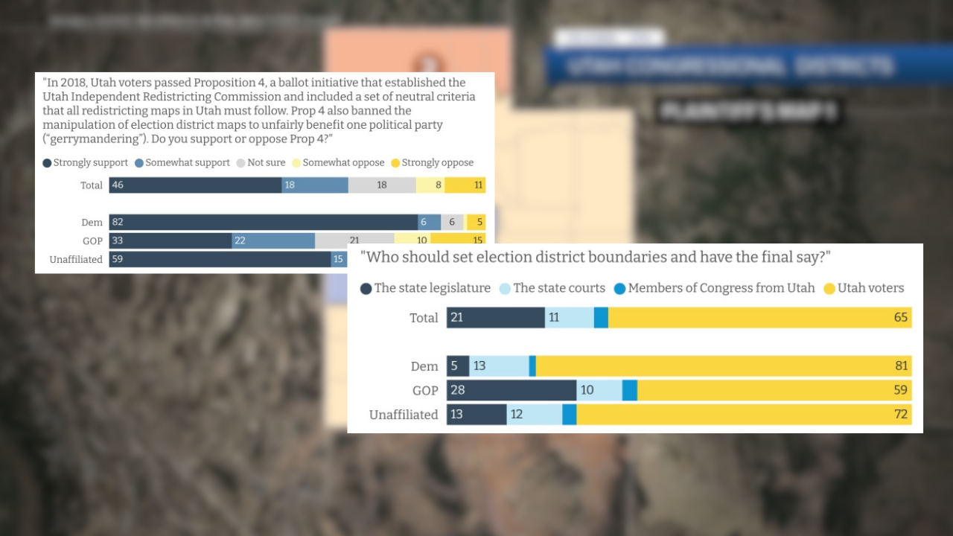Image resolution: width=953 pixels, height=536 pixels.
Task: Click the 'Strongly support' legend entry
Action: pyautogui.click(x=86, y=162)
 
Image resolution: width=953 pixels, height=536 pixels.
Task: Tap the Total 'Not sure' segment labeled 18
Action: pyautogui.click(x=381, y=185)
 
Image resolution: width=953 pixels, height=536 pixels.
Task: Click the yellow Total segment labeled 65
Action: pyautogui.click(x=759, y=318)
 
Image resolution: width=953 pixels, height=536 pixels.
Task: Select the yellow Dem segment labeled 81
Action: pyautogui.click(x=723, y=366)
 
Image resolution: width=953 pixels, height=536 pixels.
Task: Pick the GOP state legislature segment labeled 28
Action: pyautogui.click(x=511, y=390)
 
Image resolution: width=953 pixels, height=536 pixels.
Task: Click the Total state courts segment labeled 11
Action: pyautogui.click(x=570, y=318)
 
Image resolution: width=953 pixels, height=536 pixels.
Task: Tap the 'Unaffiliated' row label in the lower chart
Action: pyautogui.click(x=404, y=415)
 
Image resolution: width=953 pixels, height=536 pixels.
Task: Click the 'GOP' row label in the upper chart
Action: pyautogui.click(x=92, y=240)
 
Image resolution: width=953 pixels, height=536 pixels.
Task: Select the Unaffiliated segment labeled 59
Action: pyautogui.click(x=220, y=259)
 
